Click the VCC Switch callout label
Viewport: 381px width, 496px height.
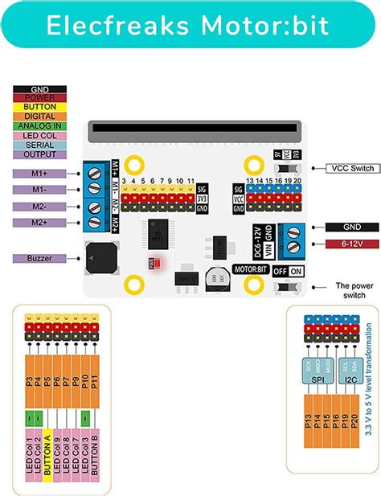345,168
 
